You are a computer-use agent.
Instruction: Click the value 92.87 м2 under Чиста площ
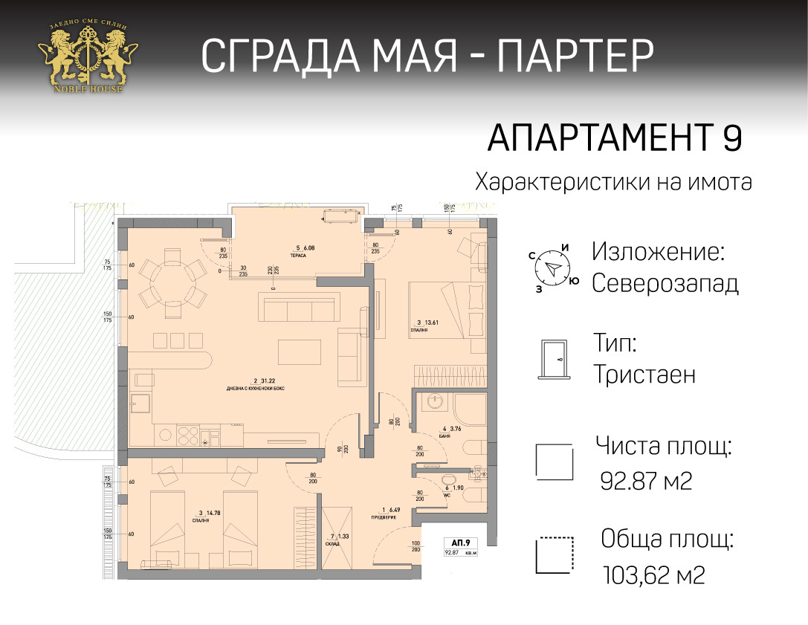click(646, 482)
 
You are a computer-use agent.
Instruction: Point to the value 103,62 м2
click(655, 574)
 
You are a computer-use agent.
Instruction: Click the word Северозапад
click(665, 284)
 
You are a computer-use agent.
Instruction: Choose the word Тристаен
click(644, 375)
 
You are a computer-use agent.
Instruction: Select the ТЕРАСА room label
click(300, 256)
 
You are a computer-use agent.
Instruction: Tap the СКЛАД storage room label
click(332, 544)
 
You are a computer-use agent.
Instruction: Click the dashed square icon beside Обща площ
click(555, 554)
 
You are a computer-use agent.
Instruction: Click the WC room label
click(447, 495)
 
